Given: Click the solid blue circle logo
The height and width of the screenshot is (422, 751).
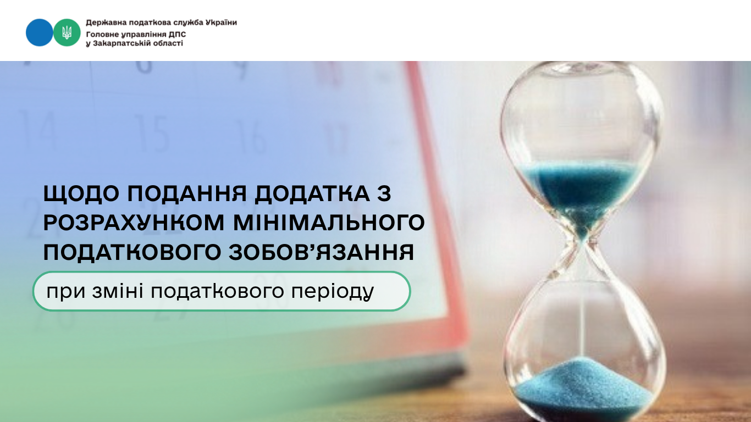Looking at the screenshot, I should pyautogui.click(x=39, y=32).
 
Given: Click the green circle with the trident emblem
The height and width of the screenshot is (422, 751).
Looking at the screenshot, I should pyautogui.click(x=67, y=32).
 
